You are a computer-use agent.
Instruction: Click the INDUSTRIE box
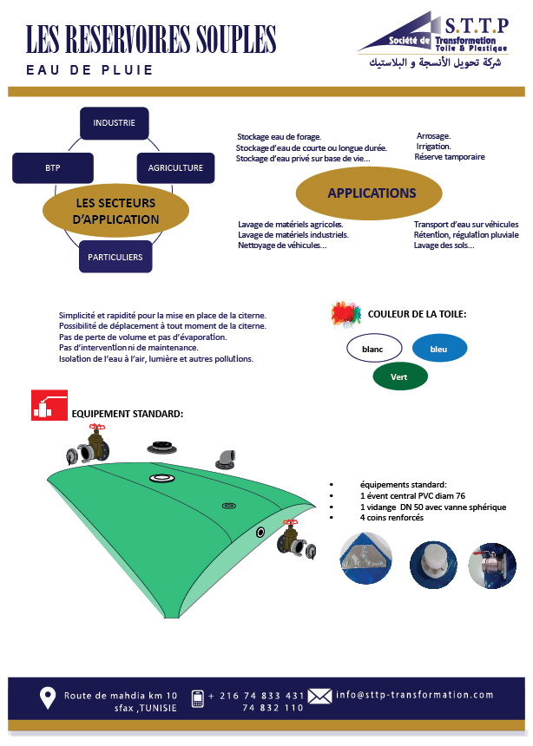tap(115, 123)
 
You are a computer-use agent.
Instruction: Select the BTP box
tap(53, 168)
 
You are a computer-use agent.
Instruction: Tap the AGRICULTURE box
tap(175, 168)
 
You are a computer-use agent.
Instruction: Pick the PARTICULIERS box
tap(115, 257)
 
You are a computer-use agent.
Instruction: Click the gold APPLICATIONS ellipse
tap(369, 193)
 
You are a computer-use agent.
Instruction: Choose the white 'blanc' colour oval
tap(374, 349)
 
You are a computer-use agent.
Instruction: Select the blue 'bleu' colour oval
tap(439, 349)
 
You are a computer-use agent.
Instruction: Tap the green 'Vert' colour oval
tap(400, 376)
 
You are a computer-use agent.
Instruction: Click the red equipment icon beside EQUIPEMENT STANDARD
tap(49, 405)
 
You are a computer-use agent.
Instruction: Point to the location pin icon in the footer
tap(47, 698)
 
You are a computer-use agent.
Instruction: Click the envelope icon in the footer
tap(319, 697)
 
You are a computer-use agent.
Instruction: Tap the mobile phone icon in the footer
tap(197, 698)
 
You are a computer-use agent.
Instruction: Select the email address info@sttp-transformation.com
tap(414, 695)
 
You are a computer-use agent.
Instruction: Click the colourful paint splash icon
tap(346, 314)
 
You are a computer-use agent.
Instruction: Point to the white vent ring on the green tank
tap(162, 478)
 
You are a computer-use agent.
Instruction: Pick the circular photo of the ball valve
tap(492, 566)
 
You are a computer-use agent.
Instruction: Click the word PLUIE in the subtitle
tap(128, 70)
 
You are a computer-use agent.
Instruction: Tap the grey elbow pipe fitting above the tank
tap(226, 459)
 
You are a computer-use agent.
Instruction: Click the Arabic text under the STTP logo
tap(436, 62)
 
